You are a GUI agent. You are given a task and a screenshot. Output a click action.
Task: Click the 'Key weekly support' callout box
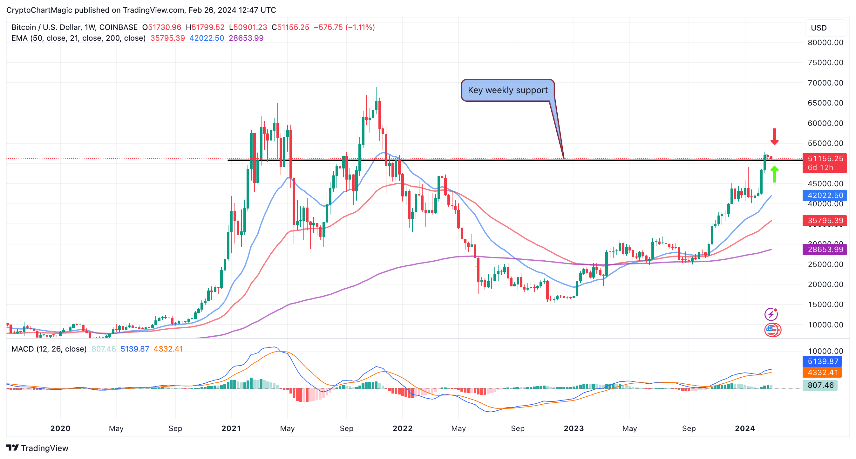click(507, 90)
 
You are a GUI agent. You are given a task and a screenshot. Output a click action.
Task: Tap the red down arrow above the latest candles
click(774, 136)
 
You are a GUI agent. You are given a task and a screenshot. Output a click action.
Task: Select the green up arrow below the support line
click(774, 174)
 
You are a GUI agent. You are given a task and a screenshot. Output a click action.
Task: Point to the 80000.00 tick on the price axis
click(825, 43)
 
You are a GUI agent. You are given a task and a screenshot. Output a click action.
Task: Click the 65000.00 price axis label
click(825, 103)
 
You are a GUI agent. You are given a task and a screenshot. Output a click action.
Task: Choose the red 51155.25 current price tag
click(825, 159)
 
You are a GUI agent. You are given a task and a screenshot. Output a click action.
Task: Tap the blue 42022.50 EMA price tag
click(825, 195)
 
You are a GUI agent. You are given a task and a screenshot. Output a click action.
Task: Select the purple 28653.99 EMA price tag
click(825, 249)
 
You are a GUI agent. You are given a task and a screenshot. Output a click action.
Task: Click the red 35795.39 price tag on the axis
click(825, 220)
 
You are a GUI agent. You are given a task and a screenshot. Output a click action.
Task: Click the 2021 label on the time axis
click(231, 428)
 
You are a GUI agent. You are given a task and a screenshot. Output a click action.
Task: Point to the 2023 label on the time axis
click(574, 428)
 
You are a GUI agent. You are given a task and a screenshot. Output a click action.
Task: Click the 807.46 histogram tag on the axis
click(820, 385)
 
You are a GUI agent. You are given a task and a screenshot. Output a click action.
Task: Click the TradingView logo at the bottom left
click(37, 448)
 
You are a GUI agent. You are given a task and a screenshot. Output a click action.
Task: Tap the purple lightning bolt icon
click(771, 314)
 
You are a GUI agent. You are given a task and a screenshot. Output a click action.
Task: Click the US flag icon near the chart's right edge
click(771, 330)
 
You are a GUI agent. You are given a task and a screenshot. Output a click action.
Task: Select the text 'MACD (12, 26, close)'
click(49, 349)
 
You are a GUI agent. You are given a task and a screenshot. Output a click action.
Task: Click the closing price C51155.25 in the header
click(290, 27)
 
